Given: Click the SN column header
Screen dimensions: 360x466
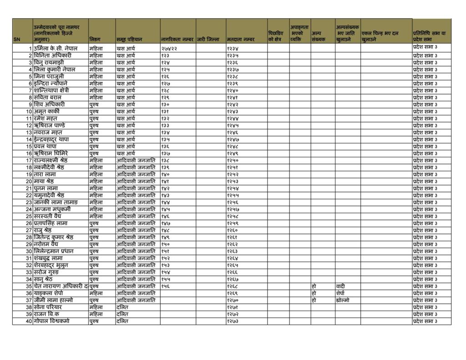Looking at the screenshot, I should (17, 40).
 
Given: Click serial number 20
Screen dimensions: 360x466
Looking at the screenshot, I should (29, 181).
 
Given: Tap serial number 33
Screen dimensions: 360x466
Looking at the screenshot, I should (29, 272).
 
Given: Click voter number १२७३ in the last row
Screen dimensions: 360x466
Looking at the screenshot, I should (233, 321).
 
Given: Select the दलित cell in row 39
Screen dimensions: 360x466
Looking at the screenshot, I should (122, 314).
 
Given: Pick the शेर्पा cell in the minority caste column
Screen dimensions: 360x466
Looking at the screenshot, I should (341, 294).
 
